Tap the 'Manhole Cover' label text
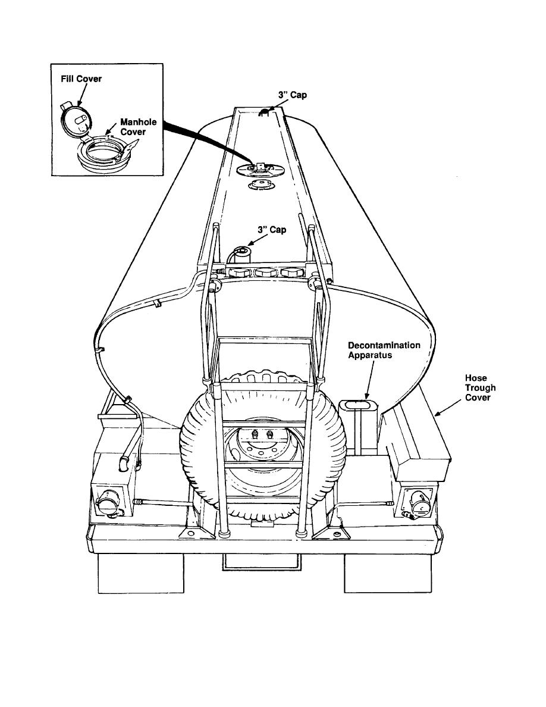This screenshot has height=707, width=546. point(137,127)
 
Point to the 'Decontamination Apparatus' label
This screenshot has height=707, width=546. point(384,351)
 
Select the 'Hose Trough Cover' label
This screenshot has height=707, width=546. point(480,387)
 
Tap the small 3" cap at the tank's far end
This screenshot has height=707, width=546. point(263,112)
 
